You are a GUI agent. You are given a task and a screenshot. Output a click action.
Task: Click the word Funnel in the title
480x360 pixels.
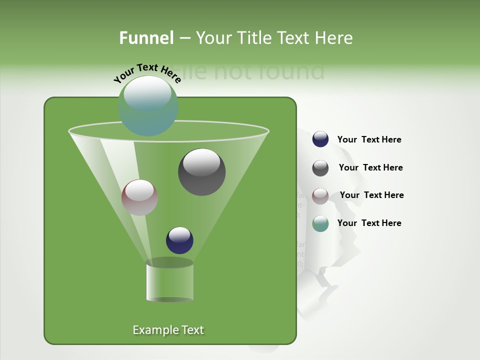pyautogui.click(x=146, y=38)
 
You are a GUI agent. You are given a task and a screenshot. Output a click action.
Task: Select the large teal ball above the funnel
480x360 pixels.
pyautogui.click(x=148, y=106)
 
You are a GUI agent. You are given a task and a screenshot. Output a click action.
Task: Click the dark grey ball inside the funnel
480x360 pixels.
pyautogui.click(x=202, y=172)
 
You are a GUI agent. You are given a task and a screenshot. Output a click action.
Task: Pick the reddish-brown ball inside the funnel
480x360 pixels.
pyautogui.click(x=140, y=197)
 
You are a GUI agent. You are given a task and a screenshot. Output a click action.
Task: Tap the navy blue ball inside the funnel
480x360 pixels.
pyautogui.click(x=179, y=240)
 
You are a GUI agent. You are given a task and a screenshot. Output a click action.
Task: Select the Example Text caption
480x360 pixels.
pyautogui.click(x=168, y=330)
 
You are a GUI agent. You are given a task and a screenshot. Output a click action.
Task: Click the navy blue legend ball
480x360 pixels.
pyautogui.click(x=320, y=139)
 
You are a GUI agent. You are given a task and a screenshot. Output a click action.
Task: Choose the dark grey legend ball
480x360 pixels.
pyautogui.click(x=320, y=168)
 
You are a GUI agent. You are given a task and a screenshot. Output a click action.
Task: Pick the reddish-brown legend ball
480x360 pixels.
pyautogui.click(x=320, y=195)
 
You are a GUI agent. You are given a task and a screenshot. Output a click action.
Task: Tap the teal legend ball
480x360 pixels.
pyautogui.click(x=320, y=223)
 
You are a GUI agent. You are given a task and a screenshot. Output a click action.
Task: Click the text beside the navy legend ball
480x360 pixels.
pyautogui.click(x=369, y=140)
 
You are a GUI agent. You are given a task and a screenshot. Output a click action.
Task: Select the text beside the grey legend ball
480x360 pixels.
pyautogui.click(x=370, y=168)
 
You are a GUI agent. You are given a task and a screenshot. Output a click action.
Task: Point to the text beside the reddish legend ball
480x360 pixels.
pyautogui.click(x=371, y=195)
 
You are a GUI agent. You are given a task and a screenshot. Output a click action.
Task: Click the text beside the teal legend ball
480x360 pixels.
pyautogui.click(x=369, y=223)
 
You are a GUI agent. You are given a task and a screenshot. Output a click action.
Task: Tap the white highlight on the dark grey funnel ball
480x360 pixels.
pyautogui.click(x=201, y=162)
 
